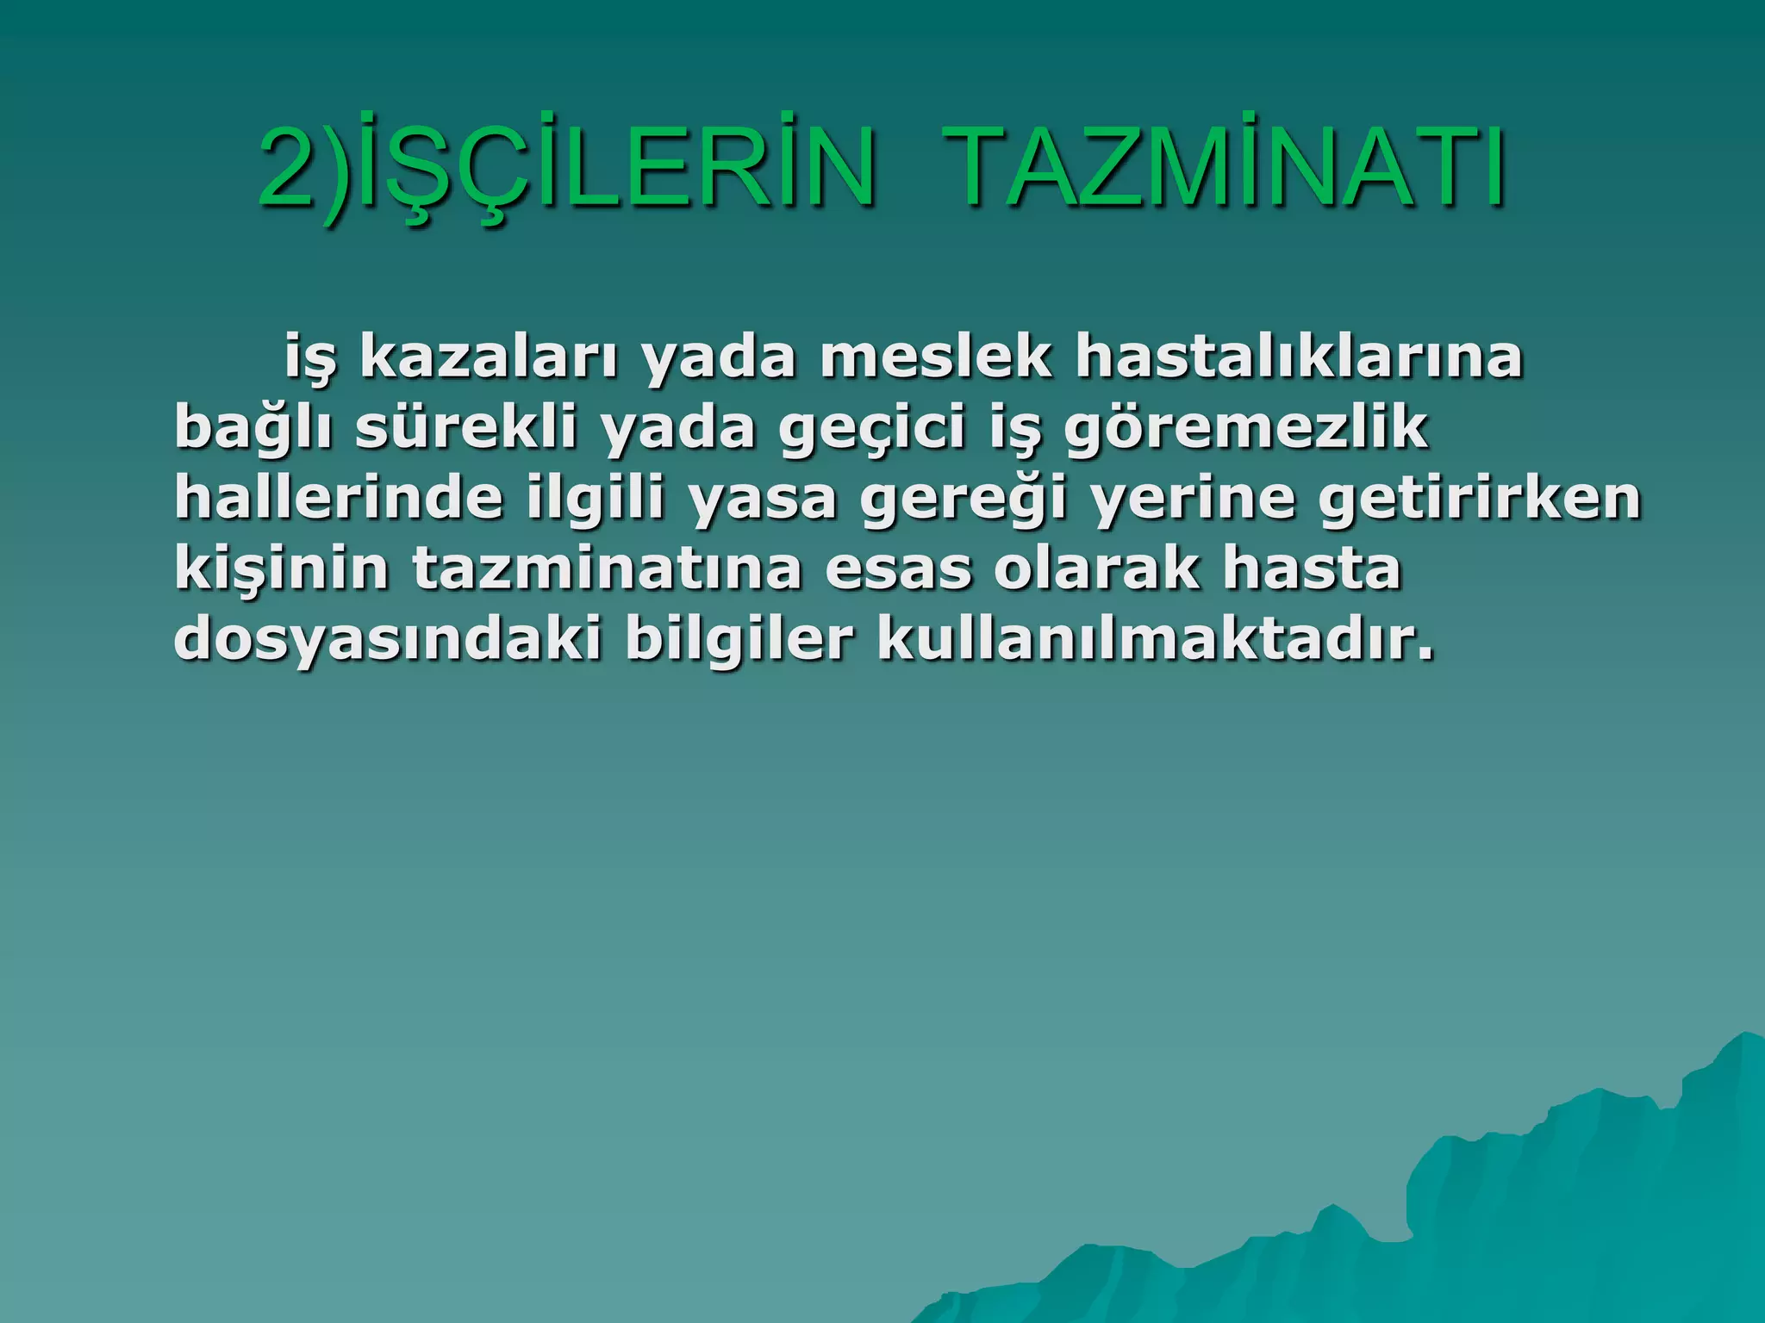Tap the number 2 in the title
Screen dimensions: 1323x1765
[x=290, y=168]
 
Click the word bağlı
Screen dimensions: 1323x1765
[x=253, y=427]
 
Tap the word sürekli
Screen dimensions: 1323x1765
[x=465, y=427]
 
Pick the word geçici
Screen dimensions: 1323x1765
[x=871, y=429]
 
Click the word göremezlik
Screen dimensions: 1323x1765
[x=1246, y=429]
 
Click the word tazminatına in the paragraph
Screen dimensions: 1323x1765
[x=607, y=569]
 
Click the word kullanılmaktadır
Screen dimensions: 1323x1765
[x=1156, y=640]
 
